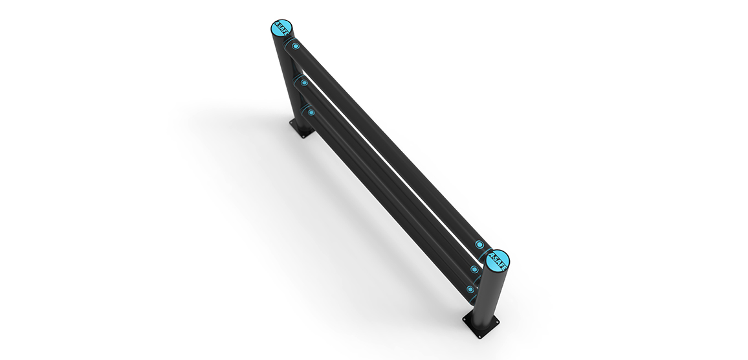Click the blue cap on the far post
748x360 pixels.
pyautogui.click(x=281, y=29)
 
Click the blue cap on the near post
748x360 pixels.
pyautogui.click(x=498, y=260)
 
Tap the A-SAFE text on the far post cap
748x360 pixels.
pyautogui.click(x=281, y=29)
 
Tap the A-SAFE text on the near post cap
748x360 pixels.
pyautogui.click(x=498, y=260)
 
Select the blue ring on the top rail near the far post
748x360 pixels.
pyautogui.click(x=296, y=47)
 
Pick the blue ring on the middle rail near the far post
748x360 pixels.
pyautogui.click(x=303, y=82)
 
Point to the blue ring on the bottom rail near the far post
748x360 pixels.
pyautogui.click(x=311, y=112)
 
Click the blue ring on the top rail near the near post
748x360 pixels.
pyautogui.click(x=479, y=245)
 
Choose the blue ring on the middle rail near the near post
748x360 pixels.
pyautogui.click(x=474, y=269)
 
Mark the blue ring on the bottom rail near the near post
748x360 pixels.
pyautogui.click(x=470, y=289)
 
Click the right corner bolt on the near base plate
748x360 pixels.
pyautogui.click(x=497, y=320)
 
